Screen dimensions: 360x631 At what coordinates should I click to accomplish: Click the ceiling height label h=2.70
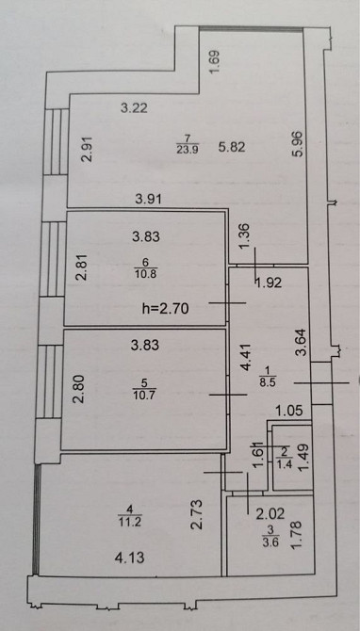click(166, 309)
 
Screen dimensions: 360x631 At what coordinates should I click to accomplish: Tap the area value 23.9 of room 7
click(188, 150)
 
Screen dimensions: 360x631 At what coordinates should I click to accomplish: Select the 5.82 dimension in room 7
click(232, 147)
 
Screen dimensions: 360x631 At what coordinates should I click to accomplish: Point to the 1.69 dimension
click(215, 61)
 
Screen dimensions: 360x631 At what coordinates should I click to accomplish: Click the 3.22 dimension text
click(135, 108)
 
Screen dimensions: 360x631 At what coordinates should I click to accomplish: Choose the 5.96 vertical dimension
click(302, 145)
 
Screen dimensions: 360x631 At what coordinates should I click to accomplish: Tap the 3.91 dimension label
click(147, 200)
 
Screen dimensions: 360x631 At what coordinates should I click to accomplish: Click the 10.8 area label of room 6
click(146, 274)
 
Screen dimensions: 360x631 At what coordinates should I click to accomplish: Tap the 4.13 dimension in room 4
click(130, 558)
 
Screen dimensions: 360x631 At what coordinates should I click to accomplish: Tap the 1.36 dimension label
click(247, 237)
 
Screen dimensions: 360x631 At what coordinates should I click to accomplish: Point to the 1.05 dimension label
click(288, 411)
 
